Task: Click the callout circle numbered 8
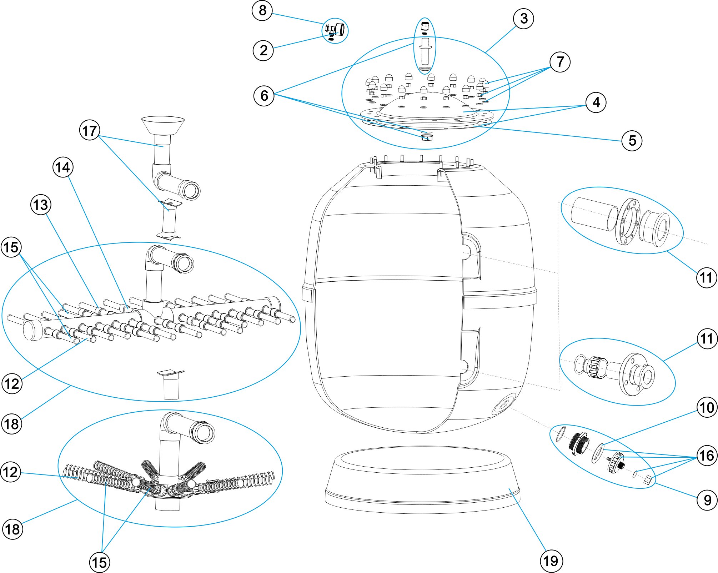pos(262,10)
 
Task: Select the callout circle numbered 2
pos(263,50)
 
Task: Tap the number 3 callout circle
pos(523,19)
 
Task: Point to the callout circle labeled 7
pos(560,62)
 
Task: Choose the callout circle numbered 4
pos(596,102)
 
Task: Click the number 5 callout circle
pos(632,140)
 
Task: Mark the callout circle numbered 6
pos(264,96)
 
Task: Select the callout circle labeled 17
pos(90,131)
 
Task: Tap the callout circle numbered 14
pos(63,167)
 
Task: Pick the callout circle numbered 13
pos(41,205)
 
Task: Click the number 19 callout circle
pos(551,561)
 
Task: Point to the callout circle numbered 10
pos(707,407)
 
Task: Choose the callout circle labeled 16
pos(707,456)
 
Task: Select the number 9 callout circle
pos(707,500)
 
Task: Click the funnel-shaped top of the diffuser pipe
pos(163,125)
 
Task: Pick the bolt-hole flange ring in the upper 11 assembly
pos(627,222)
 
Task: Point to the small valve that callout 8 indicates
pos(336,30)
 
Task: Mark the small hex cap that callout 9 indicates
pos(649,480)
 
